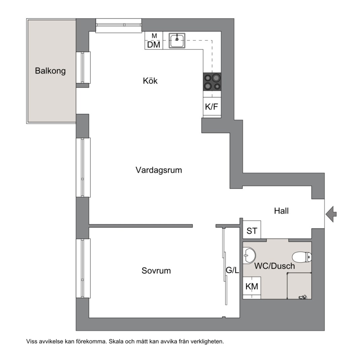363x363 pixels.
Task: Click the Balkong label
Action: pyautogui.click(x=50, y=71)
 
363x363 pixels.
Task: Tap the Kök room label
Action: pyautogui.click(x=150, y=81)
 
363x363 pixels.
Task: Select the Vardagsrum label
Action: pyautogui.click(x=159, y=170)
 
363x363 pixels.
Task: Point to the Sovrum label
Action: pyautogui.click(x=156, y=271)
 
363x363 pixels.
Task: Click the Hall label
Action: pyautogui.click(x=281, y=211)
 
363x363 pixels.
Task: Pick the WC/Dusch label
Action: pyautogui.click(x=275, y=266)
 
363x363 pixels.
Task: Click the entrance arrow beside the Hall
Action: pyautogui.click(x=331, y=214)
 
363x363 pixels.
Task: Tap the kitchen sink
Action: pyautogui.click(x=177, y=41)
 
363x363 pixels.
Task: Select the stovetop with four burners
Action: pyautogui.click(x=212, y=82)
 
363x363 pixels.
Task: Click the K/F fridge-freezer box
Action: pyautogui.click(x=212, y=107)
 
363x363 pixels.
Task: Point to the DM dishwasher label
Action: pyautogui.click(x=154, y=45)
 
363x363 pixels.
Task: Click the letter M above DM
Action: pyautogui.click(x=154, y=36)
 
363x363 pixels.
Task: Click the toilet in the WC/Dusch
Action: pyautogui.click(x=302, y=257)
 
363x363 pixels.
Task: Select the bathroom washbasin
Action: pyautogui.click(x=249, y=255)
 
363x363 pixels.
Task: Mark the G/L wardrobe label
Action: pyautogui.click(x=233, y=270)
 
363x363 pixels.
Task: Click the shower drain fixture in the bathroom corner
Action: pyautogui.click(x=302, y=297)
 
